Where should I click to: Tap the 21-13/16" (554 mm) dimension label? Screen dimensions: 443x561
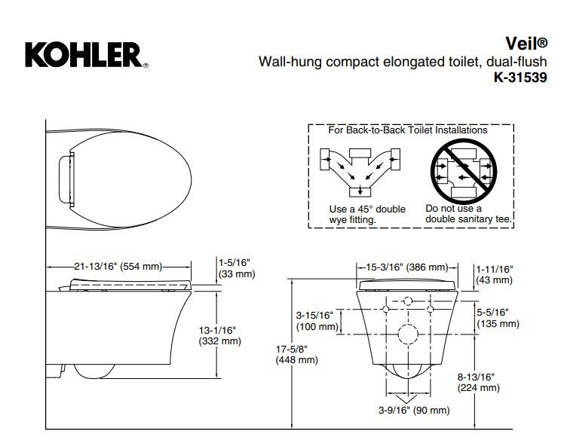[x=118, y=267]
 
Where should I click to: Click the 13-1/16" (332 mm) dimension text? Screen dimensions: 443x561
[x=219, y=335]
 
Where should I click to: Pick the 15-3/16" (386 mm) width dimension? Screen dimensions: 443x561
[x=406, y=267]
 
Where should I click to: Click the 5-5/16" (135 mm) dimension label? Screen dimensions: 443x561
[x=498, y=317]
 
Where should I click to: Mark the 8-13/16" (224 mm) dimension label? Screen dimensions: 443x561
[x=480, y=382]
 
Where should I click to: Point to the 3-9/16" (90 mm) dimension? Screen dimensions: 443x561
[x=414, y=410]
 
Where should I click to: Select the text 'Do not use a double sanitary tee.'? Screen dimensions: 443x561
[x=468, y=213]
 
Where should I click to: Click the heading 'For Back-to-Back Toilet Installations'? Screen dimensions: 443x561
[x=407, y=130]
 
